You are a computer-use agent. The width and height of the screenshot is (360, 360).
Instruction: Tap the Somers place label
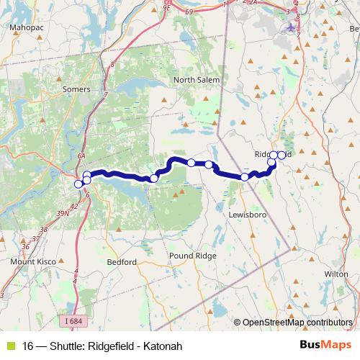(x=77, y=89)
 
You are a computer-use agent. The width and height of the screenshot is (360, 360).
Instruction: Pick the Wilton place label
(x=336, y=274)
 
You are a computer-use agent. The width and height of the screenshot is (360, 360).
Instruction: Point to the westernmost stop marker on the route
(x=78, y=184)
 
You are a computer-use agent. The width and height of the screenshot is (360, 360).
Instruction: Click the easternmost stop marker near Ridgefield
(x=282, y=155)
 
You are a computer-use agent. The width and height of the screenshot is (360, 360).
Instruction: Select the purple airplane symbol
(x=290, y=28)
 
